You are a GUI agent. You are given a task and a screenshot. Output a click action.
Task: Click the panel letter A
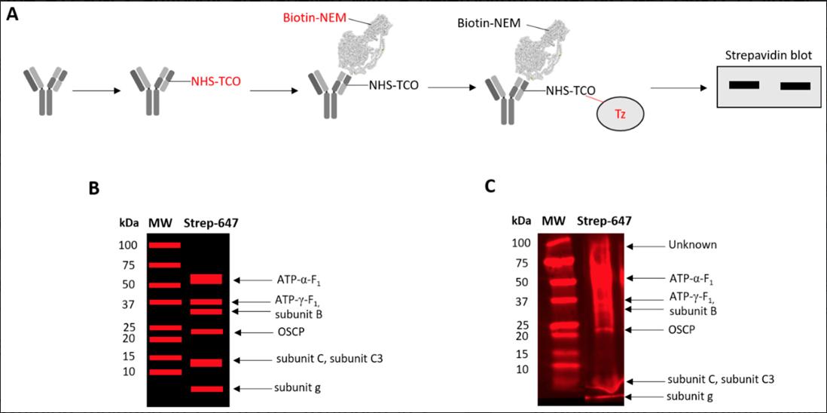13,16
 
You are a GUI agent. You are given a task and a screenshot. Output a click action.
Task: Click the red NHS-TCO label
215,81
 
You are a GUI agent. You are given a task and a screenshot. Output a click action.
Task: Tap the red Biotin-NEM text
311,17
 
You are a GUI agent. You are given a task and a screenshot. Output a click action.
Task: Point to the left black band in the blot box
744,84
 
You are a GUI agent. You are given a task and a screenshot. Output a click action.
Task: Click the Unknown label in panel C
692,245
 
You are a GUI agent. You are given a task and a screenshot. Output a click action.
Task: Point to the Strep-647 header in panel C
604,221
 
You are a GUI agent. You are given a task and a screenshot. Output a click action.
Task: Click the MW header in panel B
161,223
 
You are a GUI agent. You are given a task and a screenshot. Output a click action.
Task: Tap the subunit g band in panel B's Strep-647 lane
206,389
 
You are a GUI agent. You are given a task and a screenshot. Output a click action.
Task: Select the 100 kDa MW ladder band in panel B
164,245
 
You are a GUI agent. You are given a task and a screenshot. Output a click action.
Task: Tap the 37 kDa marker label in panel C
521,301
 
